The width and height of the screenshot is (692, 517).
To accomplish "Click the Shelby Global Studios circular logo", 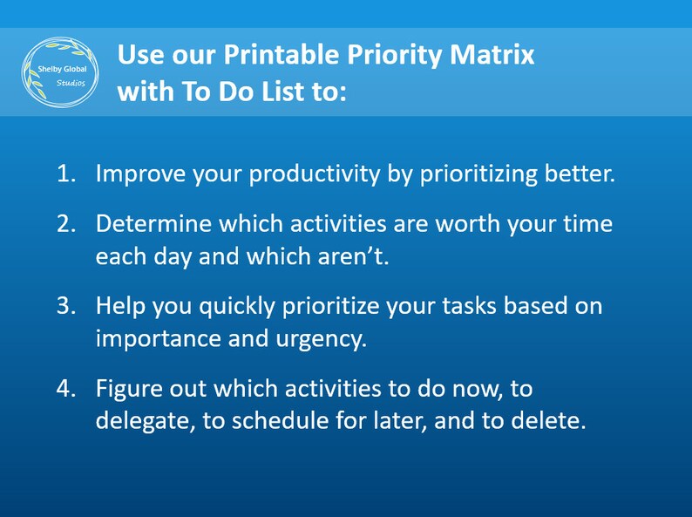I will tap(60, 73).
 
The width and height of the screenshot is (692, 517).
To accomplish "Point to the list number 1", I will tap(65, 173).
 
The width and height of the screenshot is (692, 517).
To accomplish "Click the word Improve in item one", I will tap(138, 173).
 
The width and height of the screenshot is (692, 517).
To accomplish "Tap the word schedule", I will tap(289, 420).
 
